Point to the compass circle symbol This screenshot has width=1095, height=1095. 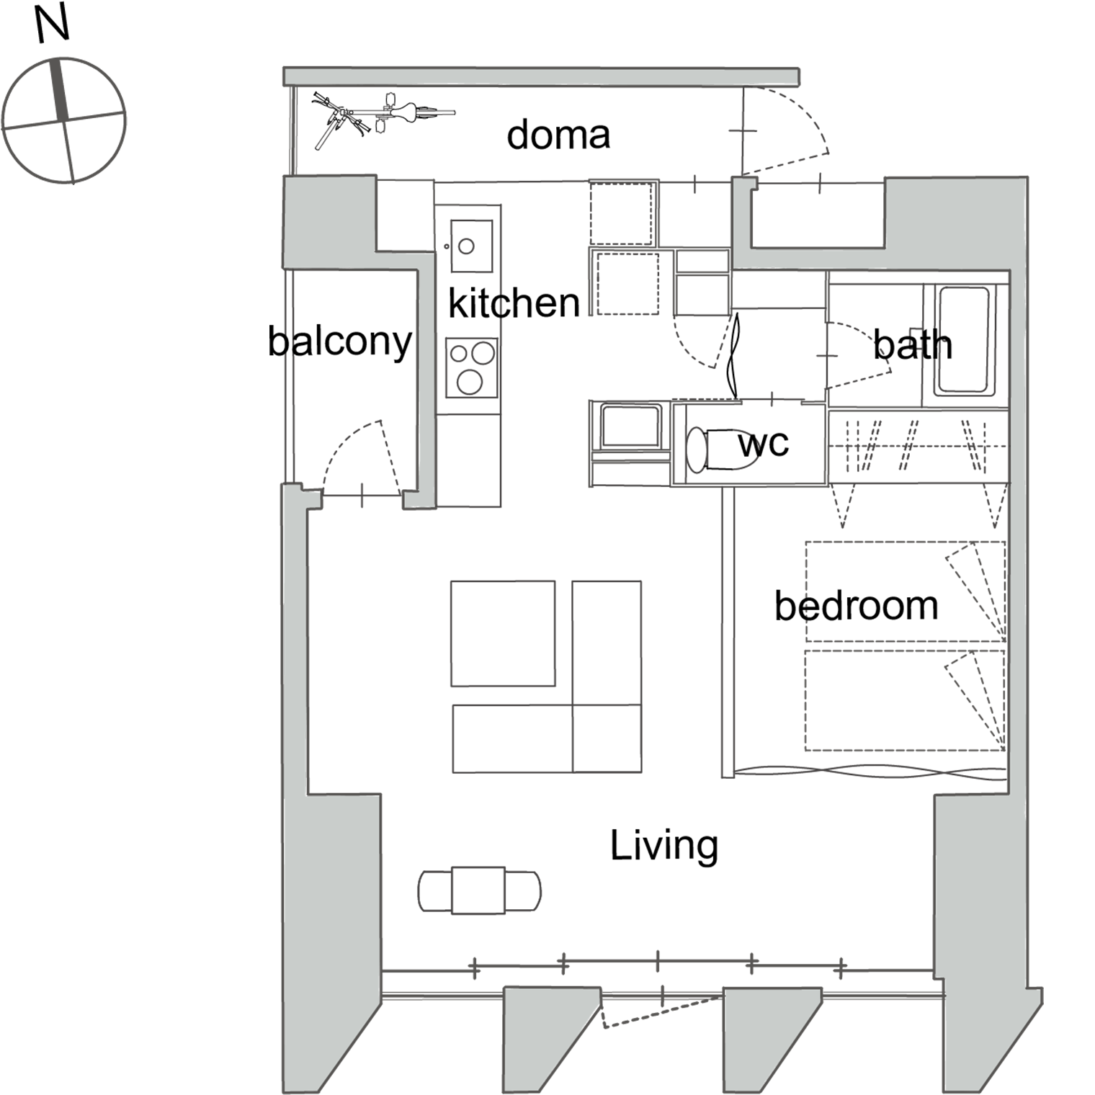pyautogui.click(x=64, y=120)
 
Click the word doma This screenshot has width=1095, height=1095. pyautogui.click(x=558, y=135)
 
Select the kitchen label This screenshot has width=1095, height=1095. pyautogui.click(x=514, y=303)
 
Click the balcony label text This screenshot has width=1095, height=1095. pyautogui.click(x=340, y=341)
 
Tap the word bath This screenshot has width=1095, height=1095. pyautogui.click(x=913, y=344)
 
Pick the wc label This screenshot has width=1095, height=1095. pyautogui.click(x=764, y=444)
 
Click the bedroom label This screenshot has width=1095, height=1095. pyautogui.click(x=857, y=605)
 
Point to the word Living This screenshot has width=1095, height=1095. pyautogui.click(x=664, y=845)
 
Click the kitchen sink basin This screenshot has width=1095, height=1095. pyautogui.click(x=471, y=246)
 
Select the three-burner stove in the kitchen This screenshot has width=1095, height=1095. pyautogui.click(x=472, y=367)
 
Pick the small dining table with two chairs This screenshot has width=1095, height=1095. pyautogui.click(x=479, y=891)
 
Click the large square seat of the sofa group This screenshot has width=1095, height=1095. pyautogui.click(x=503, y=633)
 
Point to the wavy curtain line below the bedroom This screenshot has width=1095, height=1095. pyautogui.click(x=870, y=772)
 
